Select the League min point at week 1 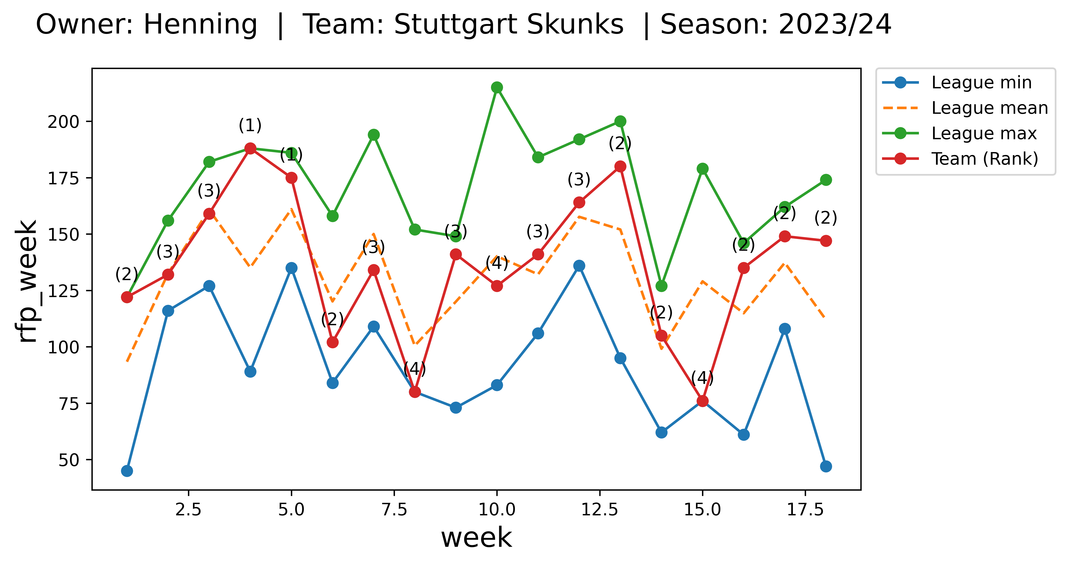[x=127, y=471]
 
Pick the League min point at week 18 [x=826, y=466]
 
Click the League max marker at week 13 [x=620, y=121]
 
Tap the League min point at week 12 [x=579, y=265]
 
